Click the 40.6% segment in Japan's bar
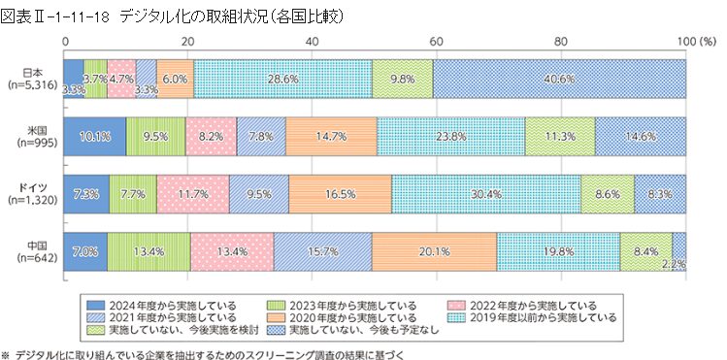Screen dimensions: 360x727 [560, 78]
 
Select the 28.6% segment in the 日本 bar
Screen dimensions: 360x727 [284, 78]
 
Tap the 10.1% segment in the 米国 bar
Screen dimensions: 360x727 [94, 136]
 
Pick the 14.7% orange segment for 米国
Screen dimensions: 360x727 [331, 136]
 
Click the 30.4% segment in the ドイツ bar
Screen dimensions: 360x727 [485, 194]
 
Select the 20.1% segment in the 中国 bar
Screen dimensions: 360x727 [433, 252]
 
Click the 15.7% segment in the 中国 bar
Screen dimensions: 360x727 [321, 252]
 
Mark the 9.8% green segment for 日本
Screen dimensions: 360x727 [403, 78]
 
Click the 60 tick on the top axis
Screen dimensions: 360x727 [437, 42]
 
